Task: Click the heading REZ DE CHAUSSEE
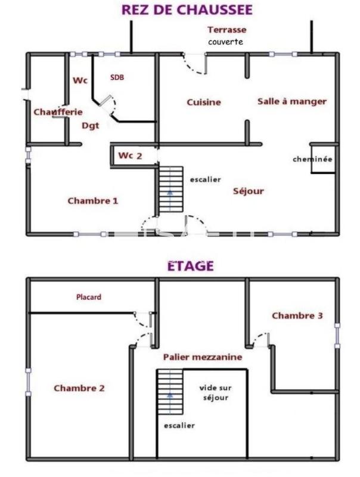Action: point(187,10)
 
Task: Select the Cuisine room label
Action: point(204,102)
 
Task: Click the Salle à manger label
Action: point(291,101)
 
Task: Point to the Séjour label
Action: point(248,191)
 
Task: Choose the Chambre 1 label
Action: point(92,200)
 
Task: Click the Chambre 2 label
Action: point(79,388)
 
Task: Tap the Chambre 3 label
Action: point(297,315)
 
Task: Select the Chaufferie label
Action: point(58,111)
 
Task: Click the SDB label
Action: point(117,78)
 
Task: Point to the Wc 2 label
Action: point(130,156)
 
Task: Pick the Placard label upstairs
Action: point(89,297)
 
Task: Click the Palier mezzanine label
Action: point(203,357)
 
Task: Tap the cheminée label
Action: point(312,159)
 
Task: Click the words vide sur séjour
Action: point(214,392)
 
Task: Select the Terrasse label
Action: point(226,29)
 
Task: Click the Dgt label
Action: point(90,125)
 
